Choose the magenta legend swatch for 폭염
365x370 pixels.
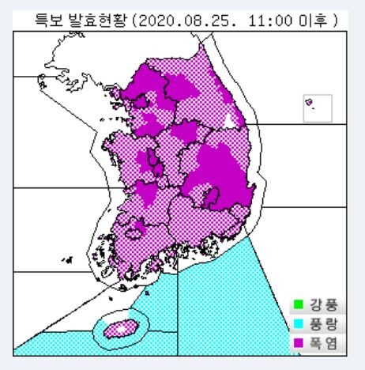point(298,342)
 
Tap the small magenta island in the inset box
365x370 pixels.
point(308,100)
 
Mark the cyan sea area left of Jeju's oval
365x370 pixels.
point(55,342)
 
